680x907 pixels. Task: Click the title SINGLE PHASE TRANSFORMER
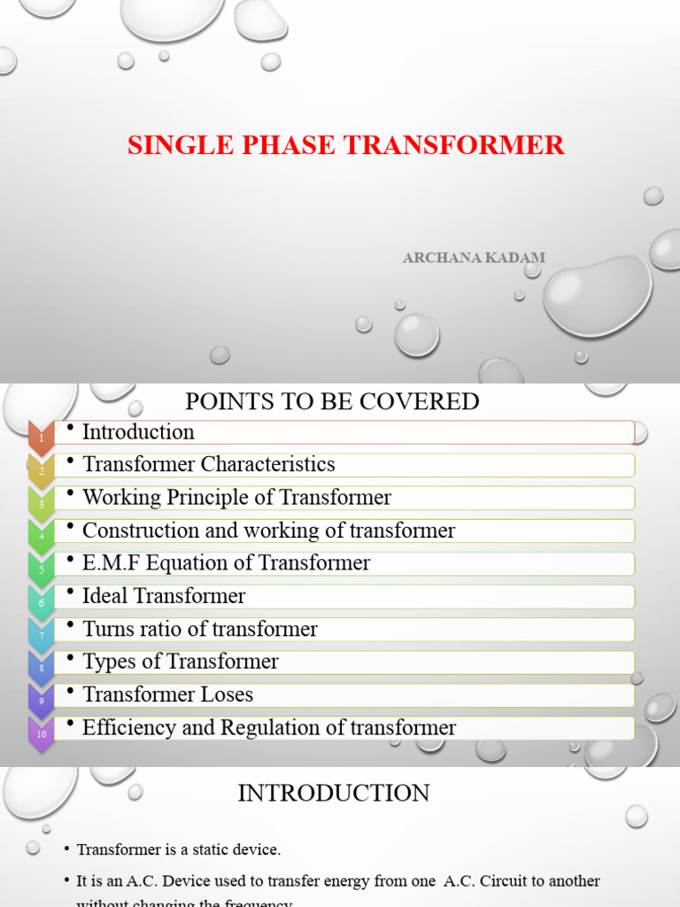pyautogui.click(x=346, y=144)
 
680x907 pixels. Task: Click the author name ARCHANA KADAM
pyautogui.click(x=474, y=258)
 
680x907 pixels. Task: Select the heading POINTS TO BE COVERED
pyautogui.click(x=332, y=401)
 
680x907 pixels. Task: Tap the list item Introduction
pyautogui.click(x=138, y=432)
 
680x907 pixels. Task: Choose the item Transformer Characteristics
pyautogui.click(x=208, y=464)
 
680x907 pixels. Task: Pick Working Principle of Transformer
pyautogui.click(x=236, y=498)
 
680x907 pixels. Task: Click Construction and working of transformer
pyautogui.click(x=268, y=531)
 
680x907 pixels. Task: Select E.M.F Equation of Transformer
pyautogui.click(x=226, y=563)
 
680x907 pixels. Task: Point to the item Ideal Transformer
pyautogui.click(x=164, y=596)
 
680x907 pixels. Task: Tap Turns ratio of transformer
pyautogui.click(x=199, y=629)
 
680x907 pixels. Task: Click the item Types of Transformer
pyautogui.click(x=180, y=662)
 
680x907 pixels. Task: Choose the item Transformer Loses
pyautogui.click(x=167, y=694)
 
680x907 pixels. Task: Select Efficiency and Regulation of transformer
pyautogui.click(x=269, y=728)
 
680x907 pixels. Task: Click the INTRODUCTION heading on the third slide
pyautogui.click(x=334, y=793)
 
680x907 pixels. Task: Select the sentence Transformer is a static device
pyautogui.click(x=179, y=850)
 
